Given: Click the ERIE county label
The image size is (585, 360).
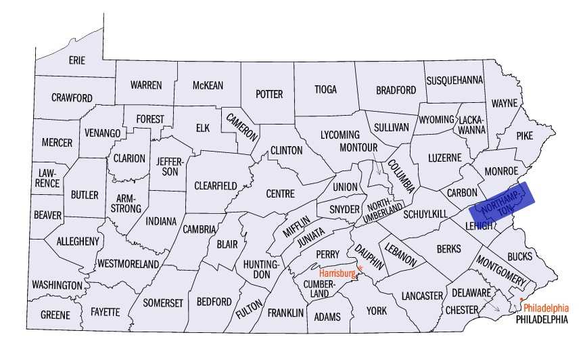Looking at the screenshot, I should coord(77,60).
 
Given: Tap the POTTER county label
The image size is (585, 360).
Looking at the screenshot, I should coord(268,94).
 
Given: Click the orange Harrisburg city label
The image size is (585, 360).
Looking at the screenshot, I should coord(337,273).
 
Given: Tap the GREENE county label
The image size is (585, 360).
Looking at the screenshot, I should coord(55,315).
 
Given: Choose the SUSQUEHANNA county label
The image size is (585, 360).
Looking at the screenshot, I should coord(454,80).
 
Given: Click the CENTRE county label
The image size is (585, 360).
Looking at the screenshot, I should coord(279,194).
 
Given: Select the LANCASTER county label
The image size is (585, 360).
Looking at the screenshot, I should coord(421,295).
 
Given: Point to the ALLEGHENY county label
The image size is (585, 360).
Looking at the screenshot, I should coord(78,241).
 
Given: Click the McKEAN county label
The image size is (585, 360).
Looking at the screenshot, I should coord(208,85).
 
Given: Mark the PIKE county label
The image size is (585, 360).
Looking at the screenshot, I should coord(524,135).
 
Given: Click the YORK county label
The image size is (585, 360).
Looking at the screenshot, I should coord(376,311).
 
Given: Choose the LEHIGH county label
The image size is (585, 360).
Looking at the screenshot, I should coord(479,225).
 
